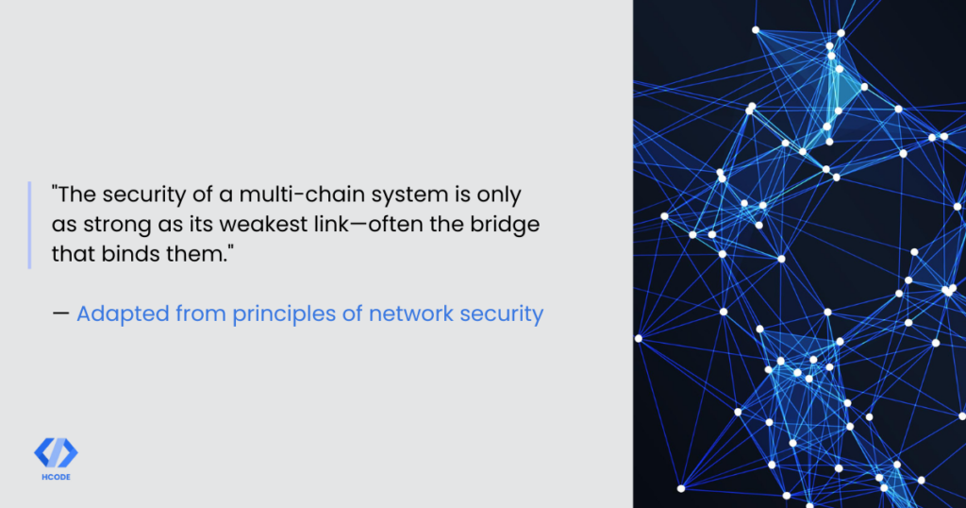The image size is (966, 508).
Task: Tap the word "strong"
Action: coord(117,226)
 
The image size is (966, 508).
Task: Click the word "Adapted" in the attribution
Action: coord(123,314)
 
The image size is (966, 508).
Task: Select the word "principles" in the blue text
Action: coord(284,314)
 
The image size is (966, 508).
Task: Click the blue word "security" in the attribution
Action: coord(502,314)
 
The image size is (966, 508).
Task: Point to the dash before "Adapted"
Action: coord(60,313)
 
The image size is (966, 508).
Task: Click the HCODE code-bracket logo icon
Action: coord(56,453)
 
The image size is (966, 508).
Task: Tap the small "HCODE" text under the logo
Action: coord(56,477)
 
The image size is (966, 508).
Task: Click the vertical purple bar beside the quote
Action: coord(29,225)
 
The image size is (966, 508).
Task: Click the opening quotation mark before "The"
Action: coord(55,188)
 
